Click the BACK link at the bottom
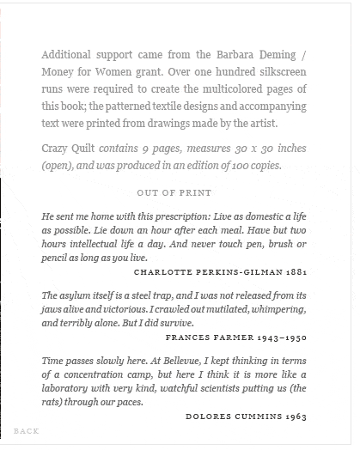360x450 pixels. pyautogui.click(x=27, y=430)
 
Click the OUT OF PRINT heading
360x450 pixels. pyautogui.click(x=174, y=192)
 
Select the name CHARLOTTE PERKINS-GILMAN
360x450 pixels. pyautogui.click(x=208, y=271)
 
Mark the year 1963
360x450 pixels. pyautogui.click(x=295, y=416)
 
